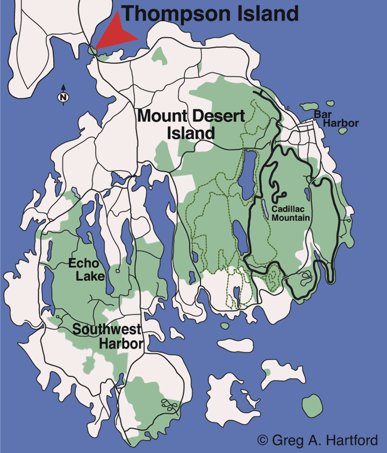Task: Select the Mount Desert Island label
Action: click(x=191, y=124)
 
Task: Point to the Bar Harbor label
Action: click(x=335, y=119)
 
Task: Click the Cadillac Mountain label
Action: click(x=291, y=213)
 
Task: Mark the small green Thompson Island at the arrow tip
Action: click(x=93, y=50)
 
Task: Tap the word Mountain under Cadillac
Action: click(x=291, y=217)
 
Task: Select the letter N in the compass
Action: click(x=63, y=98)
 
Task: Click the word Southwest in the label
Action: click(x=107, y=330)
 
